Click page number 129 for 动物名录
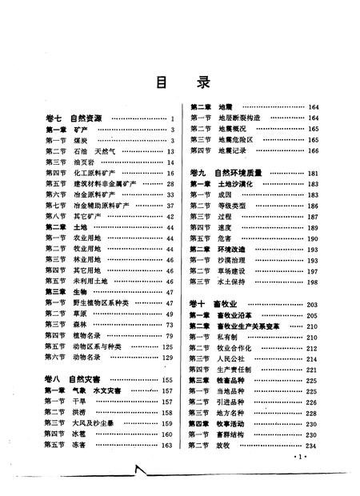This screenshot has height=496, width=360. pyautogui.click(x=168, y=357)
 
